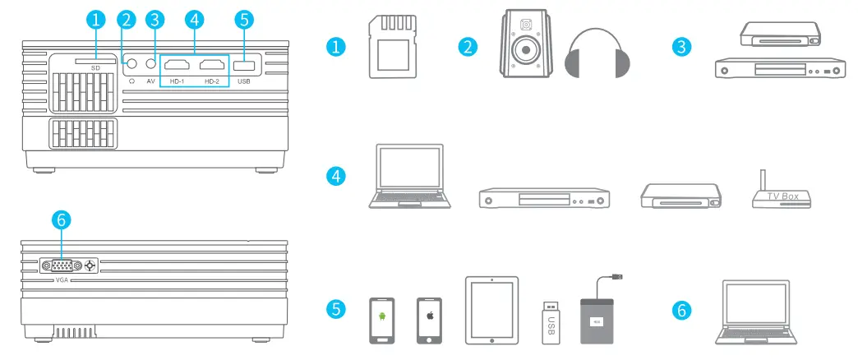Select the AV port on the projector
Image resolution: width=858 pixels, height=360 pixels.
(150, 63)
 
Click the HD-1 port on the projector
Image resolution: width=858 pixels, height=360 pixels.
(177, 65)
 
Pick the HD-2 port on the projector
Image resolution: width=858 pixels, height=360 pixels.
(212, 65)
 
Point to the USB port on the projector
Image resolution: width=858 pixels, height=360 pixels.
(243, 65)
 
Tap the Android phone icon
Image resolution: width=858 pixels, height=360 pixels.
(381, 320)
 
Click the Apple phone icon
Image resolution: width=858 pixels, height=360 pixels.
(429, 320)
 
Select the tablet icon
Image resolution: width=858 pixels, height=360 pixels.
(491, 310)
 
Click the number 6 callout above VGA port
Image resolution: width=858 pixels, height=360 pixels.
(62, 220)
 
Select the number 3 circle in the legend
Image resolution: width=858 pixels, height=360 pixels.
(680, 46)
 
